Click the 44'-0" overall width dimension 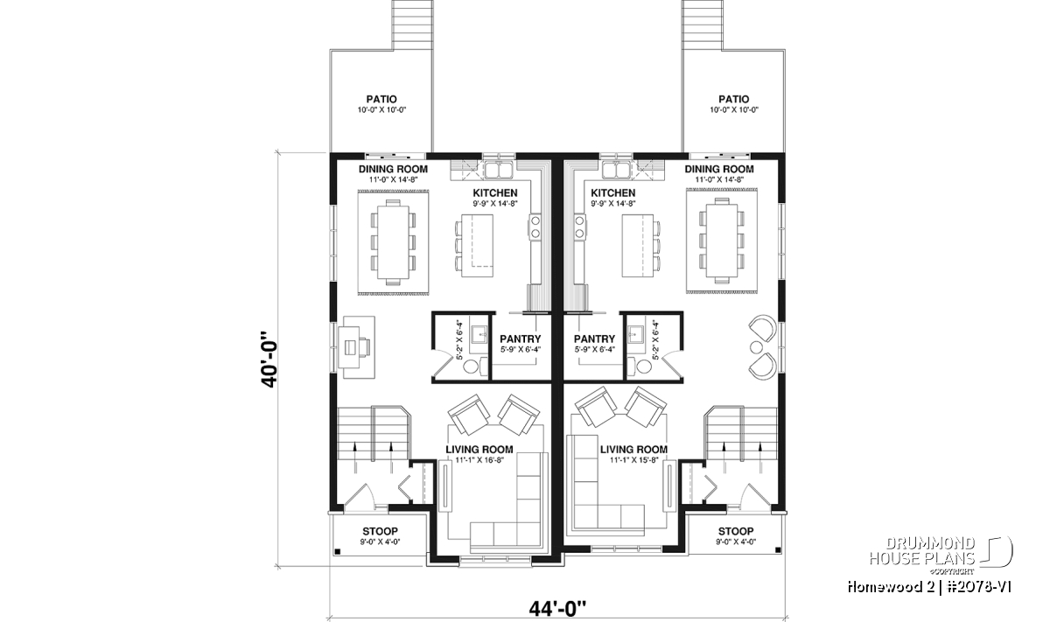(558, 609)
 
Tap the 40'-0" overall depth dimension (269, 360)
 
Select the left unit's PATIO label (381, 100)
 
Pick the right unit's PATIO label (733, 100)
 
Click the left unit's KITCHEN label (495, 193)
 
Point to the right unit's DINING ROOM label (719, 169)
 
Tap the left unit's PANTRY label (521, 339)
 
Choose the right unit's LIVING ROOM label (633, 450)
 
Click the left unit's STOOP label (380, 532)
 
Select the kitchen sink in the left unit (498, 170)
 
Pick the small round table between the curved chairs (756, 347)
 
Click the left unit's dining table (393, 241)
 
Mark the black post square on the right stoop (778, 550)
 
